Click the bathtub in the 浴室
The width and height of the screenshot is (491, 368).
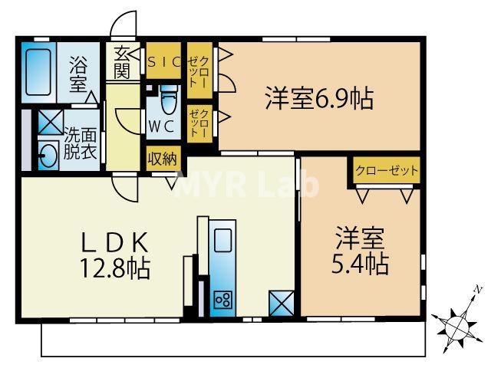click(x=38, y=72)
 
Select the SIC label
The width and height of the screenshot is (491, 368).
click(x=163, y=61)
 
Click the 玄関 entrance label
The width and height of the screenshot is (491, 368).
click(x=121, y=63)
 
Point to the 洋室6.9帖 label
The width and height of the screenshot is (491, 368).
click(x=319, y=98)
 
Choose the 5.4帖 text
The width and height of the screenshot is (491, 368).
click(x=360, y=264)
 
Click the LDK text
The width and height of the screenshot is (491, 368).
click(x=114, y=242)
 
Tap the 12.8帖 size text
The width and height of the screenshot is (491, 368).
click(x=115, y=268)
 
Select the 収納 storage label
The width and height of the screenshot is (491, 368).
click(x=163, y=159)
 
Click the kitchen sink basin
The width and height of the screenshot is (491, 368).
click(x=222, y=239)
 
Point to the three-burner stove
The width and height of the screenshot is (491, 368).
click(x=223, y=300)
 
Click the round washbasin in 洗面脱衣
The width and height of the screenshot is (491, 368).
click(x=48, y=155)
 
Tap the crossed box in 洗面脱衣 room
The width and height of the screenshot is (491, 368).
click(x=51, y=123)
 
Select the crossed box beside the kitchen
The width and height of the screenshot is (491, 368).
click(x=282, y=304)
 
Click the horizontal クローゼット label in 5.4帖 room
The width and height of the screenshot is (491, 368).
click(x=387, y=171)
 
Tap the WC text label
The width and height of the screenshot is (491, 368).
click(x=161, y=127)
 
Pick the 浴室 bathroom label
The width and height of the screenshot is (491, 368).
click(x=78, y=74)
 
